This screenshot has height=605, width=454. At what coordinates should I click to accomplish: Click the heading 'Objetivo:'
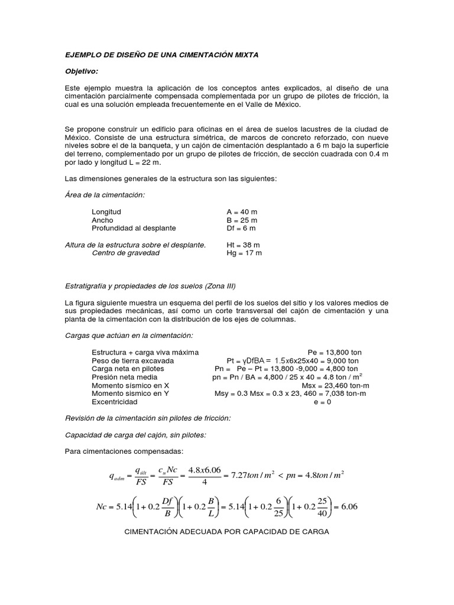[82, 71]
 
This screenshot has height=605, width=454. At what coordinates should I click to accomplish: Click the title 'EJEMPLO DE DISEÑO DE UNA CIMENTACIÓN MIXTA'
[161, 54]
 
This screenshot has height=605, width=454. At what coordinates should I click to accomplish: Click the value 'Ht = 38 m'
[244, 245]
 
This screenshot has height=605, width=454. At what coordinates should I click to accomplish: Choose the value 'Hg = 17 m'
[244, 253]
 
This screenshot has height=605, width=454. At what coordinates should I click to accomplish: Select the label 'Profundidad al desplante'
[134, 228]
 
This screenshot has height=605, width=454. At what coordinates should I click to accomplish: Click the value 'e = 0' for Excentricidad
[322, 402]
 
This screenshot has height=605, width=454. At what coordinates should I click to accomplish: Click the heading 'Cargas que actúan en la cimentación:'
[129, 336]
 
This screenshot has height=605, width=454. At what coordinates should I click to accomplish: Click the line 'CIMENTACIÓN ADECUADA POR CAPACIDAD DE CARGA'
[226, 531]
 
